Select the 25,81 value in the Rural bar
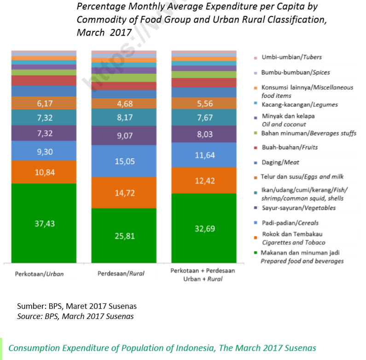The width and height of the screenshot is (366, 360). click(x=124, y=236)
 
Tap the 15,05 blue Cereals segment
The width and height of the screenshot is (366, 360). click(x=124, y=161)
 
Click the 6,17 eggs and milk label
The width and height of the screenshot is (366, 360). click(x=45, y=104)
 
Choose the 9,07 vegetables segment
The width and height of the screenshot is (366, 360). click(x=124, y=136)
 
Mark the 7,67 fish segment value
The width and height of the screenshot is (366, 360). click(x=204, y=118)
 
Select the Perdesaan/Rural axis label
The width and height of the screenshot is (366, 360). click(x=121, y=273)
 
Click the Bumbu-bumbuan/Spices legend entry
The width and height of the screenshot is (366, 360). click(x=295, y=72)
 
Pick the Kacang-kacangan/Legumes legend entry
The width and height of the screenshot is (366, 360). click(x=299, y=105)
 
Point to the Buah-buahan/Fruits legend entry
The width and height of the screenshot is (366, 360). click(x=289, y=148)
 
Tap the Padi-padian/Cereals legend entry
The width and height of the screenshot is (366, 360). click(x=290, y=223)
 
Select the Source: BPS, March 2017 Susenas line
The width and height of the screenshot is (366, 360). click(x=76, y=316)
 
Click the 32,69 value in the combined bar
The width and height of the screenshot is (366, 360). click(x=204, y=228)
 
